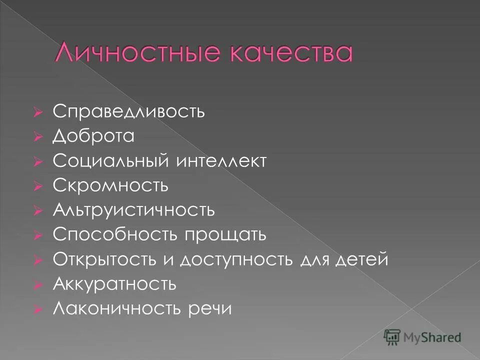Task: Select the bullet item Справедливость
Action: [x=128, y=111]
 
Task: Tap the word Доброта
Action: [x=93, y=136]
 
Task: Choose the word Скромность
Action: [x=110, y=185]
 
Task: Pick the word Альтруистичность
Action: [x=134, y=210]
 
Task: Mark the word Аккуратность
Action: [x=114, y=284]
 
